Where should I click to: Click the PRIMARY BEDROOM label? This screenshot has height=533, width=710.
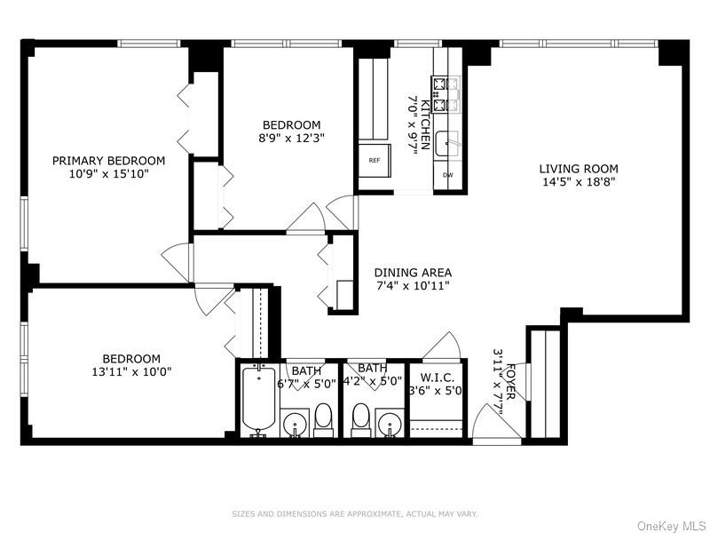point(108,161)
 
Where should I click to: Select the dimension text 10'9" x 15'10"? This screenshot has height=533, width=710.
point(108,174)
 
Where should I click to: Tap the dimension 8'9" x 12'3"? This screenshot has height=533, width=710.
point(291,139)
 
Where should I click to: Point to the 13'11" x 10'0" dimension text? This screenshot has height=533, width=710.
point(130,372)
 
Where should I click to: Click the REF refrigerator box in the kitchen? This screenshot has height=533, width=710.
point(374,161)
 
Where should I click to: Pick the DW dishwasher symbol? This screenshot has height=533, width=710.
point(448,175)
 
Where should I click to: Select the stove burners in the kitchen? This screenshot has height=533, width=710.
point(443,95)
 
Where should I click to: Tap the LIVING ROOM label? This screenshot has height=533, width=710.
point(579,169)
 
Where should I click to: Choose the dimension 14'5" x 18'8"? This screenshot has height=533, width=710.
point(579,181)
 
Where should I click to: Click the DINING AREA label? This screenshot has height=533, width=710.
point(413,273)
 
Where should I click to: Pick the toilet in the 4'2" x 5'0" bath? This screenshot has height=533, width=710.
point(360,418)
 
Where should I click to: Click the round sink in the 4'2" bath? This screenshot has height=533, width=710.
point(388,426)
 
